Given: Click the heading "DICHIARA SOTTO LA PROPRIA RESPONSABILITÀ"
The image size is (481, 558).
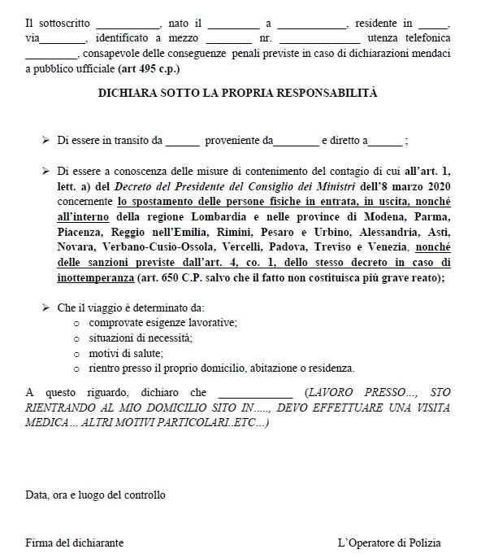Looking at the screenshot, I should pos(237,93).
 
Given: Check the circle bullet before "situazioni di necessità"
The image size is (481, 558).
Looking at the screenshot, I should pos(76,338).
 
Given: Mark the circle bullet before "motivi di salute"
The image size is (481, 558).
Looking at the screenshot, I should pos(76,353).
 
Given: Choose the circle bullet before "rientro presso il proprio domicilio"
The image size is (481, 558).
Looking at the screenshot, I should pos(76,368).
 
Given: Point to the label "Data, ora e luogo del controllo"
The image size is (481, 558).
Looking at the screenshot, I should pos(95,495).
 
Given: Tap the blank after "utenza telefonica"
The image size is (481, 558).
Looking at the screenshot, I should pos(52,54).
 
